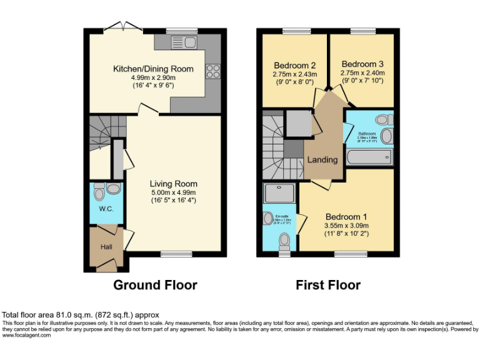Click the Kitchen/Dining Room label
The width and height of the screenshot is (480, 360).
coord(153,69)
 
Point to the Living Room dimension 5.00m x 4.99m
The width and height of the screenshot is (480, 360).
coord(173,192)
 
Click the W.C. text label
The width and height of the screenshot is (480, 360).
coord(106,209)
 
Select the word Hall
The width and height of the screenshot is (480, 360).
coord(106,247)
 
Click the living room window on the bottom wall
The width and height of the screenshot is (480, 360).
coord(176,254)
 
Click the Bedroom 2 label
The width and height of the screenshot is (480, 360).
coord(294,65)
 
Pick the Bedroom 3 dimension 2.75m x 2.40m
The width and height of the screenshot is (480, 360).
coord(362,72)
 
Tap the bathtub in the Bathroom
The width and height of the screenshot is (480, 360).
coord(369,155)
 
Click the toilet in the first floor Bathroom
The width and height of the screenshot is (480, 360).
coord(382,119)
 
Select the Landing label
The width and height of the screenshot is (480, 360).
coord(322,159)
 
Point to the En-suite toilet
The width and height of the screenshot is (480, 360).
coord(284,240)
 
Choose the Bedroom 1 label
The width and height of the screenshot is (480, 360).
coord(346,217)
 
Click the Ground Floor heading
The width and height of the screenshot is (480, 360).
coord(155,285)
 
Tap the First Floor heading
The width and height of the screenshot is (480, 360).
coord(328,285)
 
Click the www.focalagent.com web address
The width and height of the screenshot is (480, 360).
coord(27,335)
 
